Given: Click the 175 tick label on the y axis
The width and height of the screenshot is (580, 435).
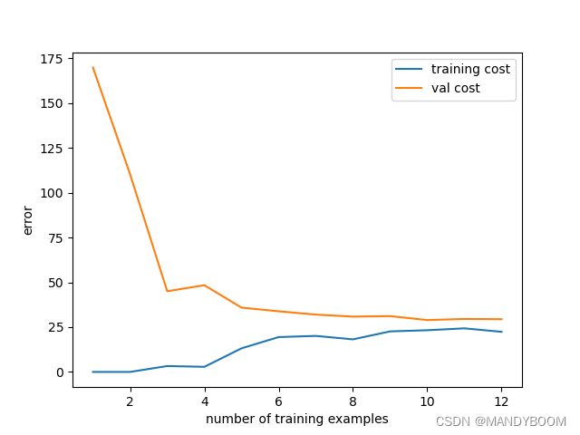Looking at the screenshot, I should click(x=52, y=59).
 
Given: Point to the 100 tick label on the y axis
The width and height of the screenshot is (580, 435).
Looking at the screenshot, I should click(x=52, y=193).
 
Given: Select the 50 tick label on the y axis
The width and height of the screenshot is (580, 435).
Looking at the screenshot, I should click(x=55, y=283).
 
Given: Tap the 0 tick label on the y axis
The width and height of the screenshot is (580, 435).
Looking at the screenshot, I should click(x=59, y=372).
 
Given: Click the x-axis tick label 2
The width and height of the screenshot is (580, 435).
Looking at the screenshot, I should click(x=130, y=401).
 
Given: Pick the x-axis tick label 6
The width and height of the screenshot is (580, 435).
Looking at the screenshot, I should click(x=278, y=401).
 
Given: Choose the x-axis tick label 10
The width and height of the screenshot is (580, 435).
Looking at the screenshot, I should click(x=427, y=401).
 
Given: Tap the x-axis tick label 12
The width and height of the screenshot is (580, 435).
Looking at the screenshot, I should click(x=501, y=401).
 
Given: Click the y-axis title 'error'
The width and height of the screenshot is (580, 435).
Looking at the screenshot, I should click(x=28, y=220).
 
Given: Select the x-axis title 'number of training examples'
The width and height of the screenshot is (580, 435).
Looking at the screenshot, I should click(x=297, y=419).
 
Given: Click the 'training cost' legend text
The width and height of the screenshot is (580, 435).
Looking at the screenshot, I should click(x=470, y=69).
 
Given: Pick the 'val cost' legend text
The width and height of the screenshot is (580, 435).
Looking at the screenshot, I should click(x=456, y=88).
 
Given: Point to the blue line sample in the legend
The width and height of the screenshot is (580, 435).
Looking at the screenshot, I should click(x=410, y=69).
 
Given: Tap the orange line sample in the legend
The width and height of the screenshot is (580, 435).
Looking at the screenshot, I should click(x=410, y=88).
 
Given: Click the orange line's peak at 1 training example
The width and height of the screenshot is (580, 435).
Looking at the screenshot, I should click(x=92, y=67).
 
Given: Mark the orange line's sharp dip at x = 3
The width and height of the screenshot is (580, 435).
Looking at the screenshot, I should click(x=167, y=291).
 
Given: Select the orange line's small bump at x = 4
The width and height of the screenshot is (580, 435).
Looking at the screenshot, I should click(x=204, y=285).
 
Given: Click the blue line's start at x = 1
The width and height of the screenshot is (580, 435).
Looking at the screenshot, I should click(x=92, y=372).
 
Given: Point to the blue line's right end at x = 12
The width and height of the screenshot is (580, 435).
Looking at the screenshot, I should click(x=501, y=332).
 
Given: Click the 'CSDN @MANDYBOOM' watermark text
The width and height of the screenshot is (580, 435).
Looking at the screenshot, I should click(x=500, y=422).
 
